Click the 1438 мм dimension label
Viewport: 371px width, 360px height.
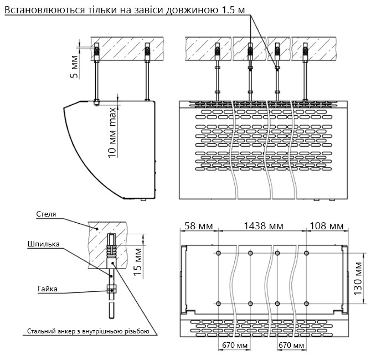point(264,226)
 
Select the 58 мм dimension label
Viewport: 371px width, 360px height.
point(199,226)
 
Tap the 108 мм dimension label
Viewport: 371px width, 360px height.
point(327,226)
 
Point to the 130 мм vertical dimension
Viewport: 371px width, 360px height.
point(358,279)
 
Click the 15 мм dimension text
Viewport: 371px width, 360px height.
point(137,262)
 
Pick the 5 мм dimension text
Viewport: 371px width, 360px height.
point(74,67)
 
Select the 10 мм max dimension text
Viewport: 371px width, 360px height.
point(112,133)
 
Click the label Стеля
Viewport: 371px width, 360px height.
point(46,214)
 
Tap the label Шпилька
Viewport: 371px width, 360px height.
point(44,244)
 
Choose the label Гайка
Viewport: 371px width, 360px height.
point(48,289)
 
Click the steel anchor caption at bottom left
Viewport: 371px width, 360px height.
point(88,331)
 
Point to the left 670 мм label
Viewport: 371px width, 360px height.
point(235,346)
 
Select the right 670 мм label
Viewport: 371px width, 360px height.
point(291,346)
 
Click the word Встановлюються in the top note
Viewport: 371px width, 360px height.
point(44,10)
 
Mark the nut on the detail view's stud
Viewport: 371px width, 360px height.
point(111,289)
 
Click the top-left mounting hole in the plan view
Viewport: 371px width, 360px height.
point(218,253)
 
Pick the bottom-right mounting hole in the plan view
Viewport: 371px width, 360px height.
point(306,304)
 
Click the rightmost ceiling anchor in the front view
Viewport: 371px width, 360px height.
point(305,52)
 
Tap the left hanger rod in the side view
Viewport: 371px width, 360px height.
point(96,80)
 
